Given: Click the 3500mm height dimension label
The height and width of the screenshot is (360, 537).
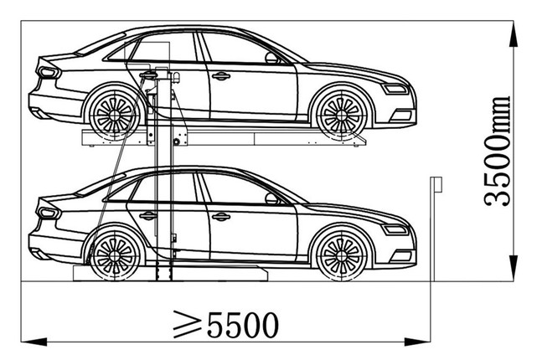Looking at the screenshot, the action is point(498,152).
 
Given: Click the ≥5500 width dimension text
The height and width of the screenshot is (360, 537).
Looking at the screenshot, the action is point(225,324).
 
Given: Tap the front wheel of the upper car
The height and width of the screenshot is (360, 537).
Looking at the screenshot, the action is point(341,115).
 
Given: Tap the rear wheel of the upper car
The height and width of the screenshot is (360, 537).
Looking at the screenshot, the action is point(115,115).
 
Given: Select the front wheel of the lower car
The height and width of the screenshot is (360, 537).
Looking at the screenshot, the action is point(341,255).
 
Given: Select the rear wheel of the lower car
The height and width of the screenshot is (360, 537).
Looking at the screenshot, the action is point(115,255).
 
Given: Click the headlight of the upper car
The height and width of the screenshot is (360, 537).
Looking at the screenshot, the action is point(395,89).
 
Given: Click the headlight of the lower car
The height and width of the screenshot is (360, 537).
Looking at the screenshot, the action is point(395,229).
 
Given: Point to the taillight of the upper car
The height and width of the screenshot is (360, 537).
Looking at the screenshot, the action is point(49,72).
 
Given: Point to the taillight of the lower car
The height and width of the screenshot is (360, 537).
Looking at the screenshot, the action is point(49,213).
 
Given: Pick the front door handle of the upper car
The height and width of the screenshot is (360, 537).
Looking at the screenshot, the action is point(221,76).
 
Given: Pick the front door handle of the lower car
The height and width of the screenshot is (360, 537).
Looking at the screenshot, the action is point(221,217).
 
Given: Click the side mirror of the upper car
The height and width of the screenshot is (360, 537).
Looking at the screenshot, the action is point(272,58).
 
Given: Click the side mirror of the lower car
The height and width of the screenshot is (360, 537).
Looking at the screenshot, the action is point(272,198).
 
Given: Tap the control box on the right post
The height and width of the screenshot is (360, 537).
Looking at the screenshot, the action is point(436,184).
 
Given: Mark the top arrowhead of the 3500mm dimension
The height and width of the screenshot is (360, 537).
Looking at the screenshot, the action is point(513,35).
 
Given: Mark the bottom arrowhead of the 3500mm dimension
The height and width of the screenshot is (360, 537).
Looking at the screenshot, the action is point(513,267).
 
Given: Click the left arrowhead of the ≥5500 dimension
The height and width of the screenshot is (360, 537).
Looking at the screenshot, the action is point(34,342).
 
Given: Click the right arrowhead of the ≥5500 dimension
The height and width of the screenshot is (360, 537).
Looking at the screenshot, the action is point(417,342).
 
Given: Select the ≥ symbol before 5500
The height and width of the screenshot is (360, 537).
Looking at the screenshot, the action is point(187,324).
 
